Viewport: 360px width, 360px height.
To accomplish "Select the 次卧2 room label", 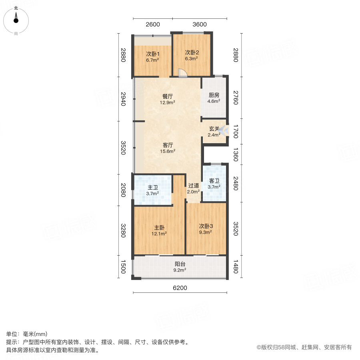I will (x=192, y=52).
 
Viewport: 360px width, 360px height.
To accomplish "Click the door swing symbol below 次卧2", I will (x=182, y=72).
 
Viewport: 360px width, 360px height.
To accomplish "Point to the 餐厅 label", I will (x=168, y=96).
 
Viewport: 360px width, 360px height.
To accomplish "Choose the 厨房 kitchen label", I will (x=214, y=96).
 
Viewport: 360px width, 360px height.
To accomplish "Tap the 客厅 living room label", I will (x=168, y=145).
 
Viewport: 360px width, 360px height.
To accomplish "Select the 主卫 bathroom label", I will (x=152, y=188).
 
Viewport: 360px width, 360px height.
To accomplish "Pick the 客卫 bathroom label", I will (x=214, y=181).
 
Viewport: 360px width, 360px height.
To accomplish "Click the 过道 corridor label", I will (x=194, y=186).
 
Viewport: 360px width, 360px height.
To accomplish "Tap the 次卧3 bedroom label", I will (x=206, y=226).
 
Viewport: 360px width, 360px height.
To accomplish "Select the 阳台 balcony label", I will (x=180, y=264).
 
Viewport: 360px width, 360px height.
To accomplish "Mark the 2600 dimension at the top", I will (x=153, y=24).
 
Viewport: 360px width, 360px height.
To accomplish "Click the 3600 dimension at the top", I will (x=199, y=24).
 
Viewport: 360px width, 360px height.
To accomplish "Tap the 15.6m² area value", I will (x=168, y=151).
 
